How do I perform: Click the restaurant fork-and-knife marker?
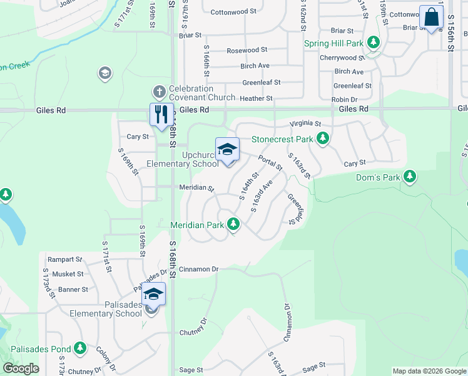click(161, 115)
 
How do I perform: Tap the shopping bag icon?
click(432, 18)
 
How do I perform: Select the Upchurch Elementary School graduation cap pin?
click(227, 150)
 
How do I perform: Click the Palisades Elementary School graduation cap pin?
click(153, 294)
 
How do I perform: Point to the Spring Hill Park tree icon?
click(374, 43)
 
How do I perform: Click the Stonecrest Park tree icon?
click(322, 138)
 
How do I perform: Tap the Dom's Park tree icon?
click(410, 177)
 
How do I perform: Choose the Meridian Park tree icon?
click(233, 223)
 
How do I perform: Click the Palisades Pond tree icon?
click(79, 348)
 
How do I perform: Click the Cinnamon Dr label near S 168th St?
click(198, 269)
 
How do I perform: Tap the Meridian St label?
click(196, 187)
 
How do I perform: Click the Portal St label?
click(270, 163)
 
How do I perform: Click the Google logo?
click(21, 368)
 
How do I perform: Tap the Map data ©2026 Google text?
click(429, 371)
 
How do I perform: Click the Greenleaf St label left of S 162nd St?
click(262, 82)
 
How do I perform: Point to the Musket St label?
click(68, 274)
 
